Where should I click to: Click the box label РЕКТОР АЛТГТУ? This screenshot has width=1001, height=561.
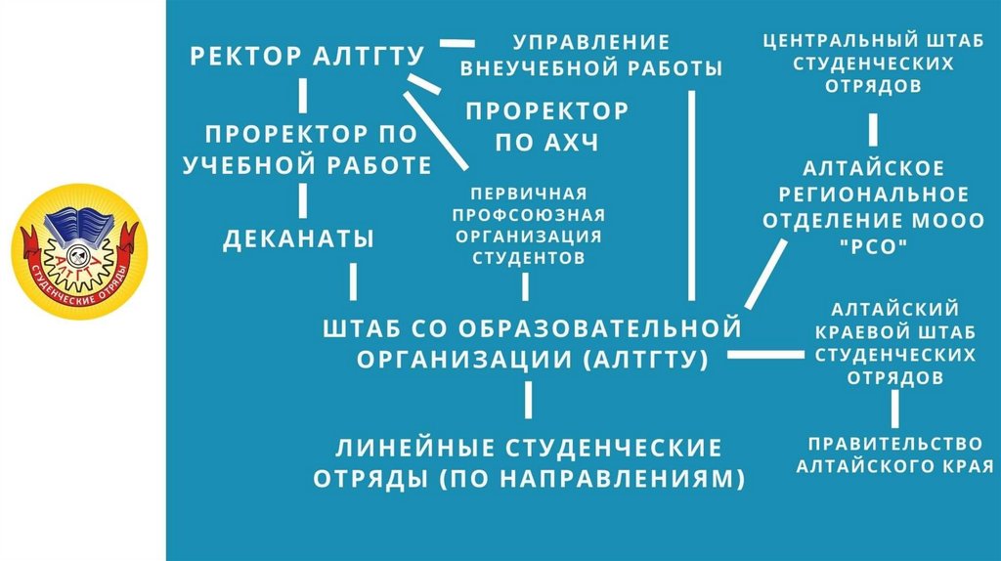(x=307, y=55)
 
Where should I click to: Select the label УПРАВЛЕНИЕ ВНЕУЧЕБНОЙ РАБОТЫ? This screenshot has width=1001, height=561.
(x=591, y=56)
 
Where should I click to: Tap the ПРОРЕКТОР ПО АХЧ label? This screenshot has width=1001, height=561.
(x=546, y=125)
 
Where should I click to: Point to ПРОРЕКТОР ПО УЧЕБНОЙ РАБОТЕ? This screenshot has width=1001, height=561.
(x=308, y=150)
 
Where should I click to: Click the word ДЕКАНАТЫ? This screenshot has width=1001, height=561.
(x=299, y=238)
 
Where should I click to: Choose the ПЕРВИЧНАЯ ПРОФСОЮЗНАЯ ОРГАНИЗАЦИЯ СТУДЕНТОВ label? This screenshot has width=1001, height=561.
(x=529, y=225)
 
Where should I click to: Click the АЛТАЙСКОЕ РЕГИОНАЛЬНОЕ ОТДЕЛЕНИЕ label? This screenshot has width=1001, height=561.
(x=873, y=194)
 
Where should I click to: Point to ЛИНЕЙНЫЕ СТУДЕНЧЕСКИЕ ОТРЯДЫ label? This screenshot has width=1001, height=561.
(x=529, y=463)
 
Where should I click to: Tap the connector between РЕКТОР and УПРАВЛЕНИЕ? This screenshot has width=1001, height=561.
(x=457, y=43)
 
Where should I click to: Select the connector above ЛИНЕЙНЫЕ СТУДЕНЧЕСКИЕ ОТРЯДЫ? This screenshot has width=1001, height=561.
(x=529, y=401)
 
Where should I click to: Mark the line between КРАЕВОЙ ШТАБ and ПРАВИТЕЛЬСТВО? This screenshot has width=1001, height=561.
(x=894, y=407)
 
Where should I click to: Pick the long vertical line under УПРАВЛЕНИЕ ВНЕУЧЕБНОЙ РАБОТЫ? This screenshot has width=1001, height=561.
(x=691, y=195)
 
